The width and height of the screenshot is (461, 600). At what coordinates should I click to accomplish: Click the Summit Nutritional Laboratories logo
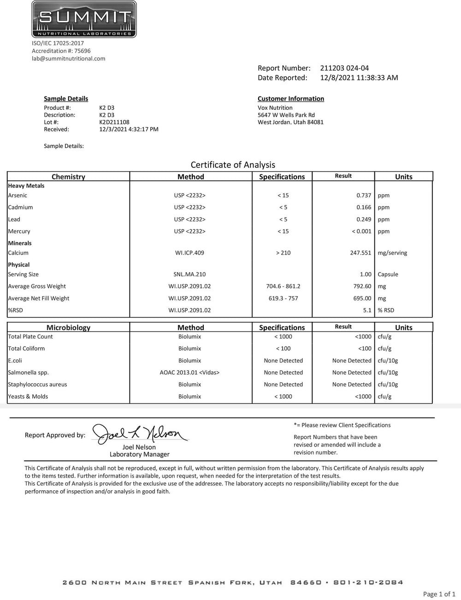tap(84, 19)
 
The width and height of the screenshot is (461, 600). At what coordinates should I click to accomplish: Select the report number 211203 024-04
tap(344, 68)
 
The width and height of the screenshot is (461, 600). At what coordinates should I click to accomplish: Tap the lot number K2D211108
tap(114, 122)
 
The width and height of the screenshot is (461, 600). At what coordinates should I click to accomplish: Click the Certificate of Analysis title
tap(233, 165)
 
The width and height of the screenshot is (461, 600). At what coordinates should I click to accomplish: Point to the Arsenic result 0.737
tap(364, 196)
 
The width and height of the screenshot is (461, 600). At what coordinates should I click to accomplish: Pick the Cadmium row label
tap(20, 208)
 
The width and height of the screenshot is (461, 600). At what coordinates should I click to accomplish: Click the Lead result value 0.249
tap(364, 220)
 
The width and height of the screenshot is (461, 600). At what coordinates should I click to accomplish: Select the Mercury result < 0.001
tap(361, 232)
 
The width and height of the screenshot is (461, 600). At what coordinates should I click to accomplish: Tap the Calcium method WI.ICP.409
tap(189, 253)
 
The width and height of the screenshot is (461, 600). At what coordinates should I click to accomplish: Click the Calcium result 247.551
tap(361, 253)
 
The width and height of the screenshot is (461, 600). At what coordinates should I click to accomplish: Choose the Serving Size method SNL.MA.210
tap(189, 274)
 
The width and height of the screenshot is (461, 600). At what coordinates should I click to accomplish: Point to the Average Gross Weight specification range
tap(283, 286)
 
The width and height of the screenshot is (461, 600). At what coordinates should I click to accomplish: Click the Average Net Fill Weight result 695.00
tap(362, 298)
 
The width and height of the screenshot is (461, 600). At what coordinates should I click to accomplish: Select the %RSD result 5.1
tap(367, 310)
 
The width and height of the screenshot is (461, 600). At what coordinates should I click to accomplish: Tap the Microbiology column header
tap(68, 327)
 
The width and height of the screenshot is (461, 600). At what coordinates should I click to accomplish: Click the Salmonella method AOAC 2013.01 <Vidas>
tap(189, 373)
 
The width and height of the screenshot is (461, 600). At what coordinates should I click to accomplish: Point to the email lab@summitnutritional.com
tap(69, 59)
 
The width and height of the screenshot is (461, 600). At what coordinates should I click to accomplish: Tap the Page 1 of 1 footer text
tap(439, 594)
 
